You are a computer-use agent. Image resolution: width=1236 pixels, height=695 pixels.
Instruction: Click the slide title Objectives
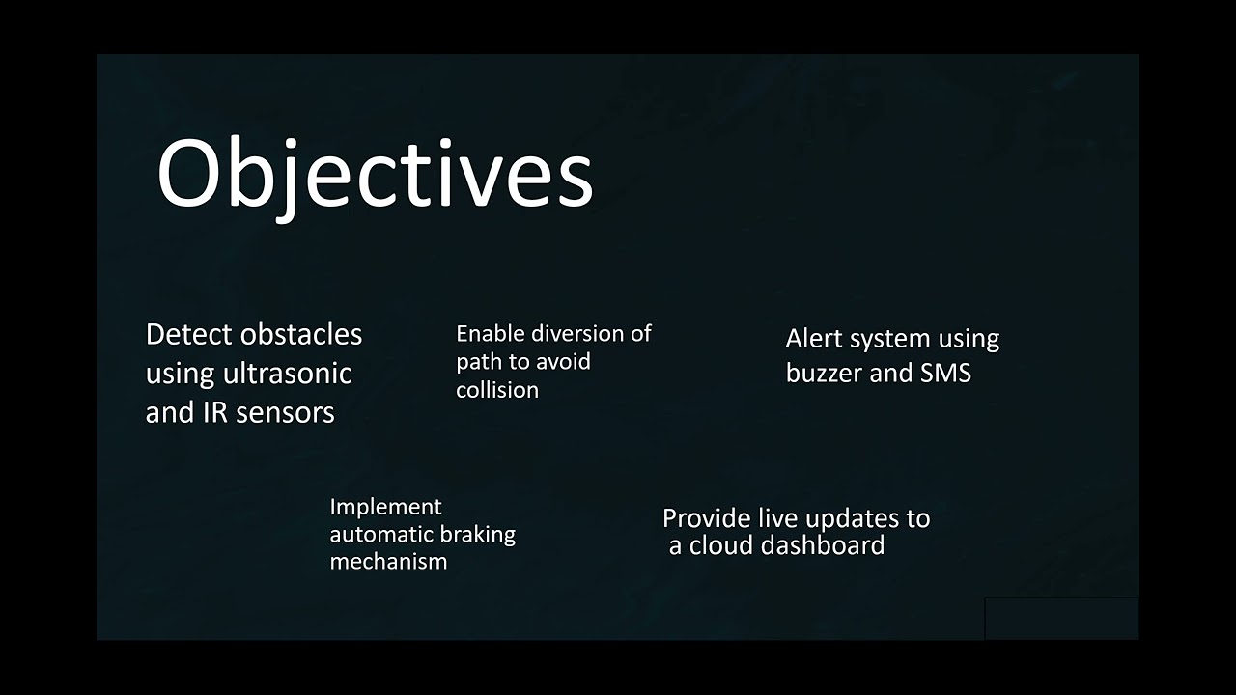[375, 174]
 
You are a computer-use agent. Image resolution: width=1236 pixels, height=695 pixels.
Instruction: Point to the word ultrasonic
[288, 374]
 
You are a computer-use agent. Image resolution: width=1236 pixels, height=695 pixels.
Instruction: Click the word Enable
[488, 334]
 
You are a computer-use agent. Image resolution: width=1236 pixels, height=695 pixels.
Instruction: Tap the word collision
[497, 390]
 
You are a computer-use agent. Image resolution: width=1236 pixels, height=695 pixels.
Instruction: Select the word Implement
[385, 508]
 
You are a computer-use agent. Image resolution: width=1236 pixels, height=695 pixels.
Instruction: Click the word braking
[477, 535]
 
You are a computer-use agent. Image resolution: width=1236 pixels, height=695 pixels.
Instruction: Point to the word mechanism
[388, 562]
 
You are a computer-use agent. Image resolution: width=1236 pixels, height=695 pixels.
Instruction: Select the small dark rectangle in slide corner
[1061, 619]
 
